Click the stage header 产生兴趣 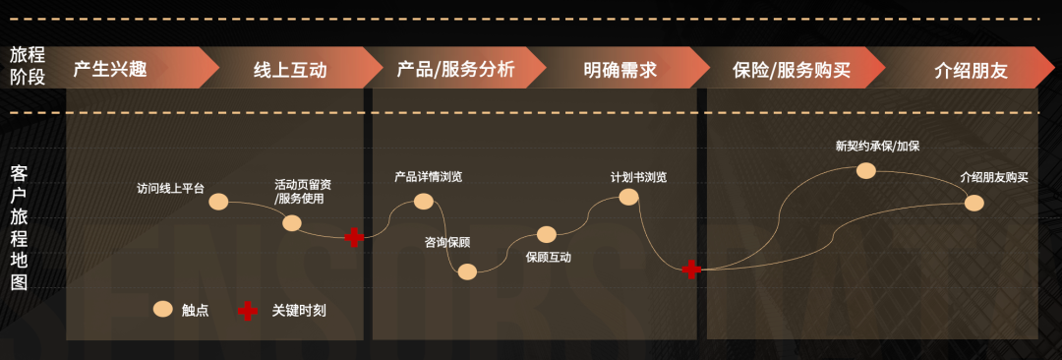coord(111,70)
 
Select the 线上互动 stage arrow coord(290,70)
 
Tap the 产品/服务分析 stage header coord(455,70)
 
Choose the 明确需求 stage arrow coord(619,70)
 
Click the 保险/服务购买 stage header coord(792,70)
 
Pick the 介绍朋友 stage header coord(971,70)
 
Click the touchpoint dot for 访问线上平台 coord(218,202)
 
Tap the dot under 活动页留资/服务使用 coord(292,223)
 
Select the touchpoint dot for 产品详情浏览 coord(424,201)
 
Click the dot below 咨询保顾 coord(467,271)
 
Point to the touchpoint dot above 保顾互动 coord(547,234)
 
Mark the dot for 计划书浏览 coord(628,197)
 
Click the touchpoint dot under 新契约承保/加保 coord(865,170)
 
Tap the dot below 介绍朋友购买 coord(973,203)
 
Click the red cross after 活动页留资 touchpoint coord(354,237)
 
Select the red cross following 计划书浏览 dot coord(691,269)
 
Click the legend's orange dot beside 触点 coord(162,310)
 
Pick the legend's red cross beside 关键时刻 coord(249,311)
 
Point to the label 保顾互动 coord(548,258)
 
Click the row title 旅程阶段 coord(28,65)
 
